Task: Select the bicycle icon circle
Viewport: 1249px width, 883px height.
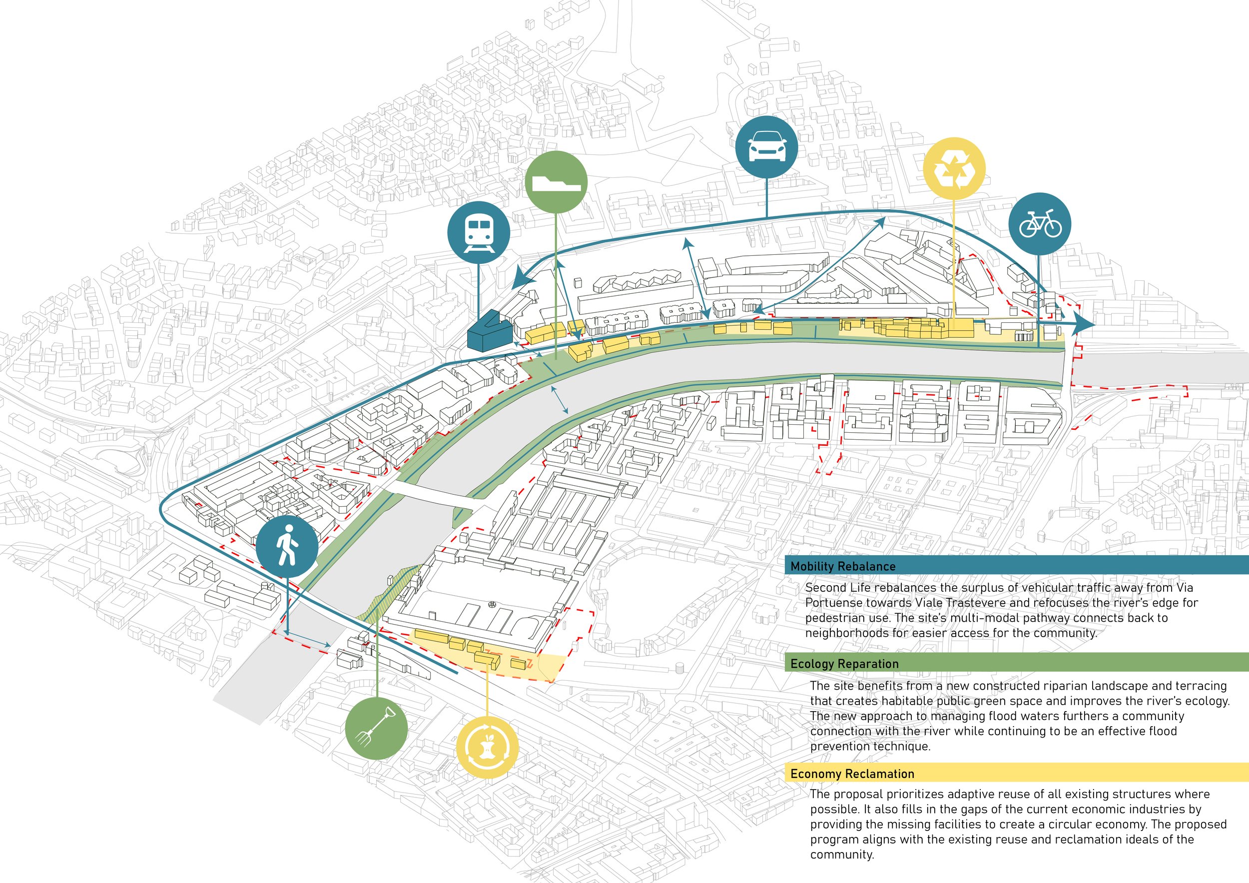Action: point(1040,223)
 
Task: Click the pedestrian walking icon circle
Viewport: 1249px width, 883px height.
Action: point(287,546)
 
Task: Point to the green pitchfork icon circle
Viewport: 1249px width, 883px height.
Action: point(376,729)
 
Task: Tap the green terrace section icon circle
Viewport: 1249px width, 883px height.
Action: point(557,182)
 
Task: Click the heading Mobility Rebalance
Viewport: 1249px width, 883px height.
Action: point(843,566)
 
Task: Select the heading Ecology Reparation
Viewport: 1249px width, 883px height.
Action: point(844,664)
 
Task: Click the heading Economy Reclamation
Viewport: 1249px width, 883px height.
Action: point(852,774)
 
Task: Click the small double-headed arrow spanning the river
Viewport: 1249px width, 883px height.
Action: point(561,399)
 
